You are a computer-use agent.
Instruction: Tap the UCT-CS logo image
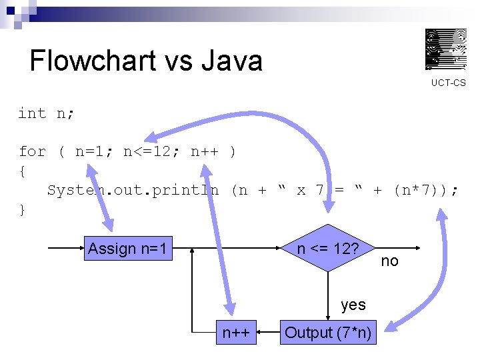pos(446,49)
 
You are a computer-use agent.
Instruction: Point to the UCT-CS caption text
pos(448,83)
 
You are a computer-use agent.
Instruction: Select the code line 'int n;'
pos(46,113)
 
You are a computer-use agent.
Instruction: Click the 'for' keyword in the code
pos(32,151)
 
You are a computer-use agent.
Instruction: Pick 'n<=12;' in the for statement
pos(152,151)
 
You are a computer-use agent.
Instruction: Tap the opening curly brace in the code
pos(23,171)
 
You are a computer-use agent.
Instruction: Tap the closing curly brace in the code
pos(23,209)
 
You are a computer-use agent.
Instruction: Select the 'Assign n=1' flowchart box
pos(129,249)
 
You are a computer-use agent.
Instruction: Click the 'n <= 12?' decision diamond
pos(328,249)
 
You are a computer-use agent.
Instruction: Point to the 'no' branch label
pos(389,261)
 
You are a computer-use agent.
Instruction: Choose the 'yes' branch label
pos(353,305)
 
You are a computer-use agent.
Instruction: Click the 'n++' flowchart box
pos(236,333)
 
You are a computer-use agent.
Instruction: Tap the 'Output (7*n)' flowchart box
pos(329,333)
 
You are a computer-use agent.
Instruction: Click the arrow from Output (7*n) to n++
pos(268,332)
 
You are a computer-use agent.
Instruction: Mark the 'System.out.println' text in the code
pos(133,190)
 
